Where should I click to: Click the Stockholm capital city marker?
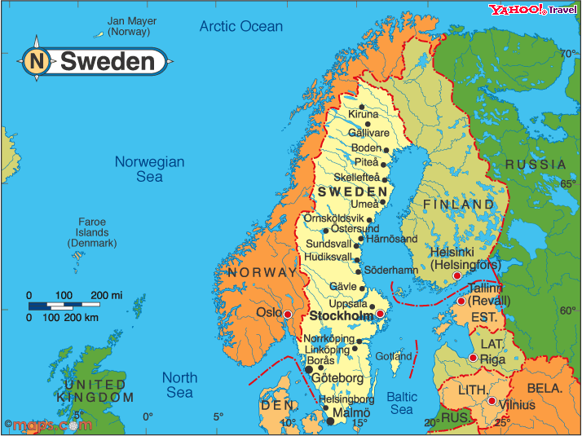pyautogui.click(x=379, y=314)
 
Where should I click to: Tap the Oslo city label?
pyautogui.click(x=268, y=312)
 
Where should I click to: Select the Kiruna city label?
pyautogui.click(x=363, y=115)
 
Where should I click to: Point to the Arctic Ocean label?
pyautogui.click(x=241, y=26)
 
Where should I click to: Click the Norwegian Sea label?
pyautogui.click(x=149, y=169)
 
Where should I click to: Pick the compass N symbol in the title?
pyautogui.click(x=36, y=60)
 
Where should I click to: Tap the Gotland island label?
pyautogui.click(x=394, y=356)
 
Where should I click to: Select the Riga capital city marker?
pyautogui.click(x=473, y=358)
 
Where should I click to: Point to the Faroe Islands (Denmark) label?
pyautogui.click(x=92, y=232)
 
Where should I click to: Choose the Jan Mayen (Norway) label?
pyautogui.click(x=129, y=26)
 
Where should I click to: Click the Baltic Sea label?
pyautogui.click(x=402, y=403)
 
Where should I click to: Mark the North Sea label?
pyautogui.click(x=179, y=385)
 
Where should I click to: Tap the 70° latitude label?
pyautogui.click(x=567, y=54)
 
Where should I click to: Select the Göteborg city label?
pyautogui.click(x=339, y=378)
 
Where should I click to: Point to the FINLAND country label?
pyautogui.click(x=458, y=204)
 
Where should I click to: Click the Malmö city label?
pyautogui.click(x=351, y=413)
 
